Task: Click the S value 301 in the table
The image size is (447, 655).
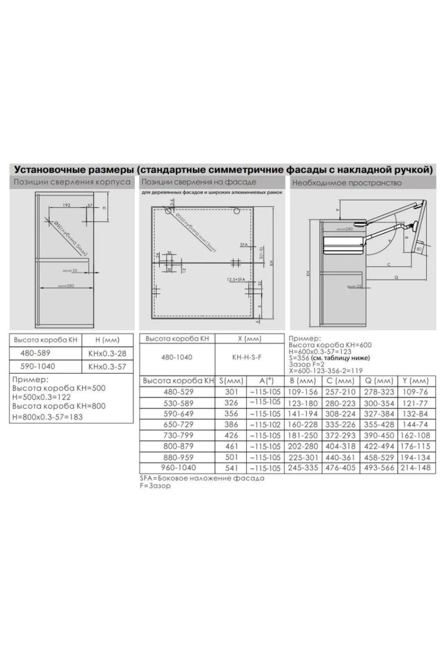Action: click(x=231, y=392)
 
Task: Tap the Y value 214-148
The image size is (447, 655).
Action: click(x=415, y=468)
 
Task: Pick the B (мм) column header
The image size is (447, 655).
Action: click(x=303, y=381)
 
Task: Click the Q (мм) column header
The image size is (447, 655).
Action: click(x=379, y=381)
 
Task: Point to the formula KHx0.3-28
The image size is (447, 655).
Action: click(x=107, y=353)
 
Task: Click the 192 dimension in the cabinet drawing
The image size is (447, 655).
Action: click(x=67, y=205)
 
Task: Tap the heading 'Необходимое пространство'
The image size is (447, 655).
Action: click(x=347, y=183)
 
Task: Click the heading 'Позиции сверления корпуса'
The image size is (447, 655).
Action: click(x=72, y=182)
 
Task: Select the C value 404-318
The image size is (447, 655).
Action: click(x=340, y=446)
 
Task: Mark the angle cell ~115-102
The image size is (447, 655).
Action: click(x=265, y=425)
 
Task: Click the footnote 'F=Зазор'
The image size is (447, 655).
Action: click(x=155, y=486)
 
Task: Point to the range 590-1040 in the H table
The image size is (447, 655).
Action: click(x=37, y=366)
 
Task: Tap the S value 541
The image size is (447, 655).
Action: click(x=231, y=468)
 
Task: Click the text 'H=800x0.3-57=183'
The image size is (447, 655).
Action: click(x=47, y=417)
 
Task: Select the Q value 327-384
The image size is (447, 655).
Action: click(x=379, y=414)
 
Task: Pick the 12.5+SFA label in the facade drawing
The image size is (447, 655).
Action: click(x=235, y=279)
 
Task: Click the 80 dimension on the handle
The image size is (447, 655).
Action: click(x=419, y=249)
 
